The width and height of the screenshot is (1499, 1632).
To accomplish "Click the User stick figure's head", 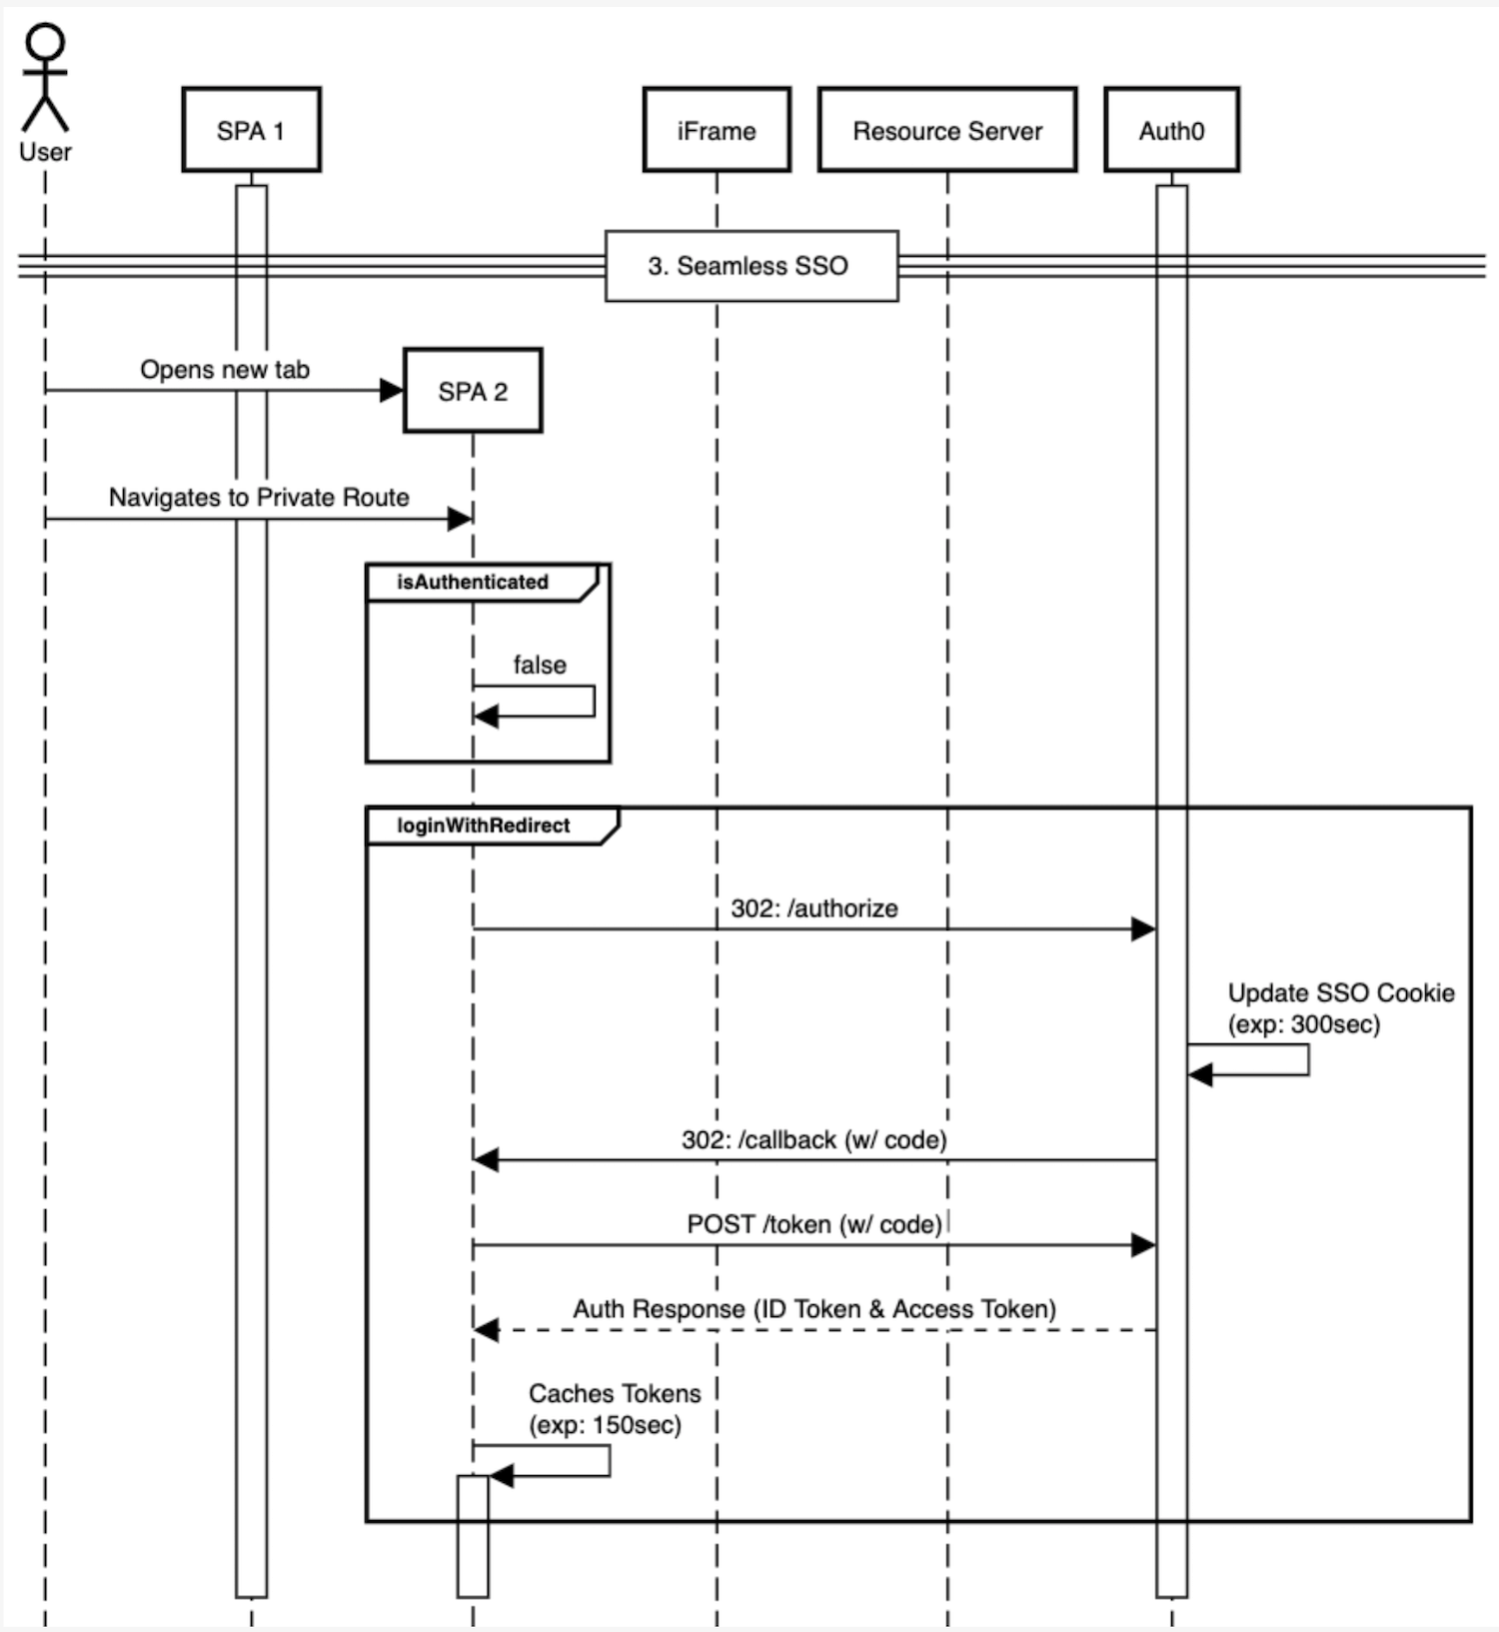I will pyautogui.click(x=45, y=42).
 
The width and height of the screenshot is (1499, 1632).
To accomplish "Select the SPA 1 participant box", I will pyautogui.click(x=251, y=130).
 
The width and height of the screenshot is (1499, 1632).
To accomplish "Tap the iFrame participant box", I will pyautogui.click(x=717, y=130).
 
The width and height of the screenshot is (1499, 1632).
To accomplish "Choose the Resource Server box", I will pyautogui.click(x=946, y=130).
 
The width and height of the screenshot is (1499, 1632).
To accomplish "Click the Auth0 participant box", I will pyautogui.click(x=1171, y=130).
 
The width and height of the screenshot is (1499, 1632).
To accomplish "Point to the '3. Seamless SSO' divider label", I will pyautogui.click(x=749, y=266).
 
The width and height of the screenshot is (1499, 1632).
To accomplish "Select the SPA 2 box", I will pyautogui.click(x=473, y=391).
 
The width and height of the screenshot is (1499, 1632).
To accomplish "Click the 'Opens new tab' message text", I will pyautogui.click(x=225, y=370).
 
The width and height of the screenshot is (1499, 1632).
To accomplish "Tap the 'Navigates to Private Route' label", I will pyautogui.click(x=259, y=498).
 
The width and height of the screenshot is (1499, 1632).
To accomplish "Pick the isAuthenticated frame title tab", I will pyautogui.click(x=473, y=583).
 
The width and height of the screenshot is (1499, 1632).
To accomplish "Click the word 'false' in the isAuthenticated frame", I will pyautogui.click(x=540, y=666).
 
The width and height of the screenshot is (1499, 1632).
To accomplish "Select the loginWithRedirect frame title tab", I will pyautogui.click(x=484, y=826).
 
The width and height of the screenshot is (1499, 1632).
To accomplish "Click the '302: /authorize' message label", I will pyautogui.click(x=813, y=908).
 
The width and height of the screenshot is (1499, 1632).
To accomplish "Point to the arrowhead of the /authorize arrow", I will pyautogui.click(x=1143, y=929).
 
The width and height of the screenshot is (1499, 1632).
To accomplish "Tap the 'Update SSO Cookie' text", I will pyautogui.click(x=1340, y=993).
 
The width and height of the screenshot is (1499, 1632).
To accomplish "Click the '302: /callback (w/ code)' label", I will pyautogui.click(x=813, y=1140).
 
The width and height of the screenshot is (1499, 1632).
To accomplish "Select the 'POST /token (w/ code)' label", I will pyautogui.click(x=813, y=1225).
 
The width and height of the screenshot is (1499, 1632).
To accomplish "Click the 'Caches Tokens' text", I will pyautogui.click(x=615, y=1394).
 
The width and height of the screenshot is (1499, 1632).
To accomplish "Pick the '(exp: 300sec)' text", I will pyautogui.click(x=1303, y=1025).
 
